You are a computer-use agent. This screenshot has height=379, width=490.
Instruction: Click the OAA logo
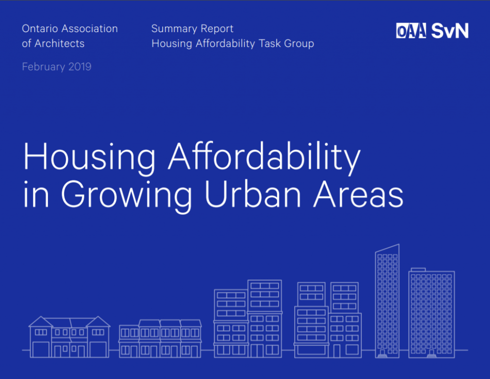click(411, 31)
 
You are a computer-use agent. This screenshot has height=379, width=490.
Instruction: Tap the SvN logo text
click(450, 31)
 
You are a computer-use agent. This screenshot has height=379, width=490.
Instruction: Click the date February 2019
click(56, 67)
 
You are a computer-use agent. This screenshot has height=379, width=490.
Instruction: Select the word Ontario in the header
click(40, 28)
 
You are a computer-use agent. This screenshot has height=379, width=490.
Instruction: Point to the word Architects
click(59, 44)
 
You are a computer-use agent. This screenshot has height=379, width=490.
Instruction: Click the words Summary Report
click(192, 29)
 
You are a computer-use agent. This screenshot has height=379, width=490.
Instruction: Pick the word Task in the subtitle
click(270, 44)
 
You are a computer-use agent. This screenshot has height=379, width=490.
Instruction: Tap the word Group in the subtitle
click(299, 44)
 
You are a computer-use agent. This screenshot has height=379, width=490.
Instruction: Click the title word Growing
click(126, 195)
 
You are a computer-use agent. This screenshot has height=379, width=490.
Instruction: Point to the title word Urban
click(253, 194)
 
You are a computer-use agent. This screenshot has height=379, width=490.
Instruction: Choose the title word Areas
click(358, 194)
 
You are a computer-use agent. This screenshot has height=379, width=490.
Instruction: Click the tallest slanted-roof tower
click(387, 301)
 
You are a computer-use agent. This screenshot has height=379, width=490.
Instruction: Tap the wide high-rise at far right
click(432, 313)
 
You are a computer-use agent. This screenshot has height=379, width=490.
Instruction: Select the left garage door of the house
click(41, 350)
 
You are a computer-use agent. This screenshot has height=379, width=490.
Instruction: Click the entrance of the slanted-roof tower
click(382, 354)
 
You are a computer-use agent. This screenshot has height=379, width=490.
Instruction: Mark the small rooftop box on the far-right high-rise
click(418, 269)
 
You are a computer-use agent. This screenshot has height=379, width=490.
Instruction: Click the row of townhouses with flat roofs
click(160, 339)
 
